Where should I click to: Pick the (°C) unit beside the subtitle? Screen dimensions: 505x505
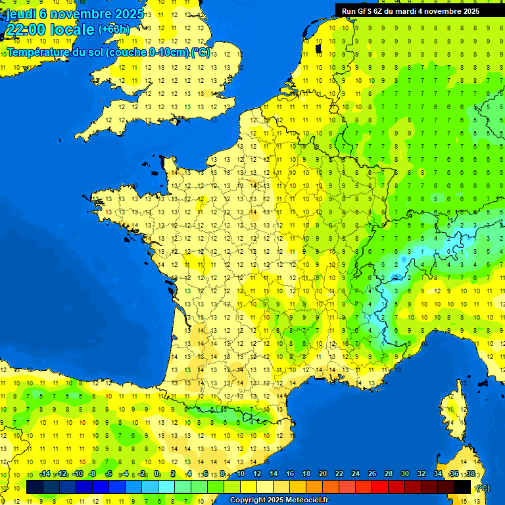click(201, 53)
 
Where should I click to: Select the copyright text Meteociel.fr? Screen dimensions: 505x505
click(297, 500)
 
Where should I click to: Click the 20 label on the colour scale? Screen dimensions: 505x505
click(323, 474)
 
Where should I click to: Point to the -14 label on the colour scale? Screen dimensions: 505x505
click(45, 474)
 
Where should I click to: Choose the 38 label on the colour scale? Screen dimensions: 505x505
click(470, 474)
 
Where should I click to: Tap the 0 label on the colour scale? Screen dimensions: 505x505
click(156, 474)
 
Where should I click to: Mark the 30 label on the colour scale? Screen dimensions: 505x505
click(404, 474)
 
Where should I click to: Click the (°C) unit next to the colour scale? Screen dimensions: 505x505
click(482, 487)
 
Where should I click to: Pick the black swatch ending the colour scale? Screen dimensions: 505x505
click(462, 487)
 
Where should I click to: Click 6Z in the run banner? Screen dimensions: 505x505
click(381, 11)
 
